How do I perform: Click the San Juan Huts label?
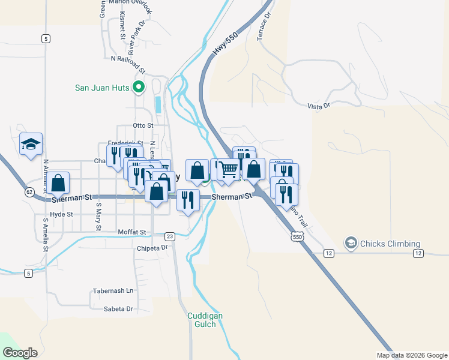102,88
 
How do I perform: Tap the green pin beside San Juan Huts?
139,88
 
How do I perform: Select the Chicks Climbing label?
390,244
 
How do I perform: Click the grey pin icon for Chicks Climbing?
350,243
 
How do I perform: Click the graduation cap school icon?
31,144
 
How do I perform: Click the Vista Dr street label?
319,106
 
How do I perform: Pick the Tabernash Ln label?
113,291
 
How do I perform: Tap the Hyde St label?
61,214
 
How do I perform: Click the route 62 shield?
29,192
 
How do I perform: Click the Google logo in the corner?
20,352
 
